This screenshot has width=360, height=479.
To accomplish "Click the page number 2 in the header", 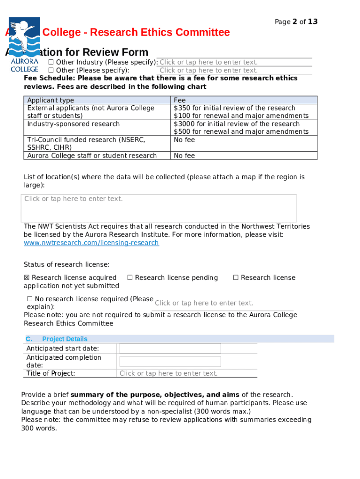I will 295,22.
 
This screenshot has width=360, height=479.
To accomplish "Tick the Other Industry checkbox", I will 51,63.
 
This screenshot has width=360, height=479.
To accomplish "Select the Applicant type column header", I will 50,100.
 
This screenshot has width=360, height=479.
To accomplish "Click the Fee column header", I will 180,100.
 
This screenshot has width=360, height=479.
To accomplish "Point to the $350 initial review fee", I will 234,108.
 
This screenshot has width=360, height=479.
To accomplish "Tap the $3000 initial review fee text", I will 236,124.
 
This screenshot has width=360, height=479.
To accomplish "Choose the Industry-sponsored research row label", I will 73,124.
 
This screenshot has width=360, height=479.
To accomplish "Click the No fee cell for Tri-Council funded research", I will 184,140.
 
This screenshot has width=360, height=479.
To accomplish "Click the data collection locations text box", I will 158,208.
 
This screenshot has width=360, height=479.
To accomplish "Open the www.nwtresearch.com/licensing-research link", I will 91,243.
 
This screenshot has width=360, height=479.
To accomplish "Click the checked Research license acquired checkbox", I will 27,278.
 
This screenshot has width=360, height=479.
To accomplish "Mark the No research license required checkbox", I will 29,299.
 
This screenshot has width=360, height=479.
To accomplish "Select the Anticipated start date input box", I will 170,348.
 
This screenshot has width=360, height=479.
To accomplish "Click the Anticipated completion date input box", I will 170,361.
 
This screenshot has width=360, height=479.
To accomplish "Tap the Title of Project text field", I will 186,373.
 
